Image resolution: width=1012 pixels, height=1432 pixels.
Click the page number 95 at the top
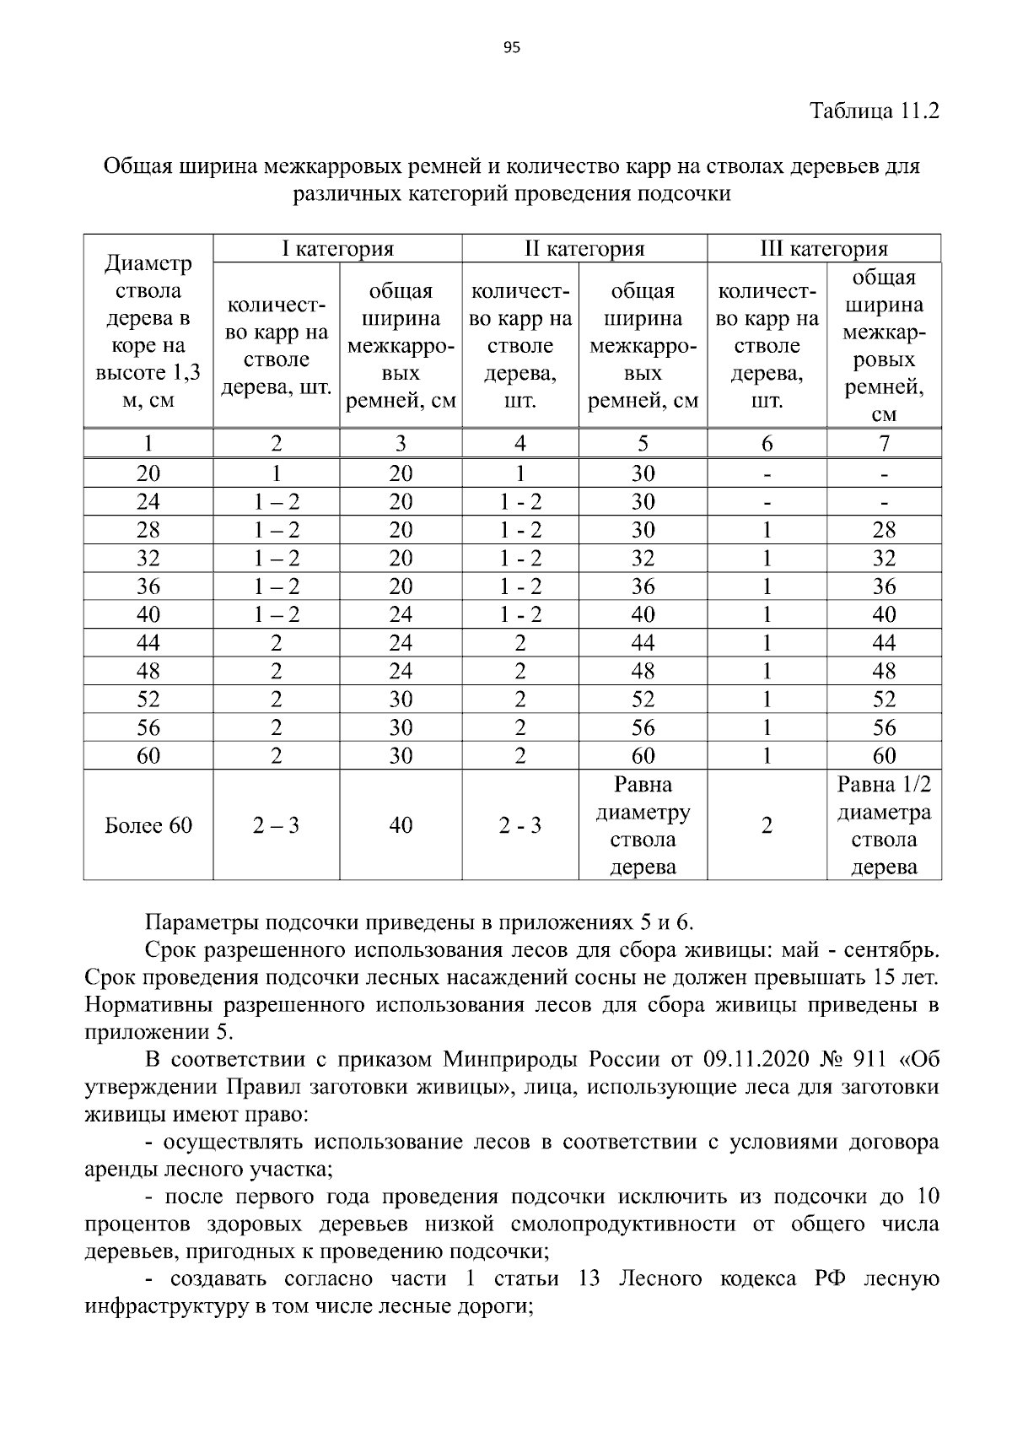click(512, 48)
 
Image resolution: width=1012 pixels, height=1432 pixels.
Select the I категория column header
click(337, 249)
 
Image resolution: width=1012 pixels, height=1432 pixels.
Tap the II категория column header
click(584, 249)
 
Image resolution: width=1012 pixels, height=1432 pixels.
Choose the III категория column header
click(824, 249)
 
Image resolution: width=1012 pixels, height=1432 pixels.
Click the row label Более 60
click(148, 825)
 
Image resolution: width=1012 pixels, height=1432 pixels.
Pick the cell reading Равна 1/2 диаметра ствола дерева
click(884, 825)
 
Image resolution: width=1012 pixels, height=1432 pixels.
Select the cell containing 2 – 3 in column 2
click(276, 825)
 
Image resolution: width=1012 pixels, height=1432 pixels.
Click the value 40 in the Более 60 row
click(401, 825)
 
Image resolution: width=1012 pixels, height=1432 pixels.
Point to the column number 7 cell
click(884, 443)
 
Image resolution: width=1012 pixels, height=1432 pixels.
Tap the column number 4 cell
click(519, 443)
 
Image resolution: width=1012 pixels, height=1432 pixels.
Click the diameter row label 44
click(148, 643)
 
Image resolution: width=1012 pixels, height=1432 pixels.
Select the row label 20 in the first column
click(148, 473)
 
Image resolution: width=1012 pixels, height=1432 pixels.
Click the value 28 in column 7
click(884, 530)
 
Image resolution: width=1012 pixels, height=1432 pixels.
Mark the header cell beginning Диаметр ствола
click(148, 332)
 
